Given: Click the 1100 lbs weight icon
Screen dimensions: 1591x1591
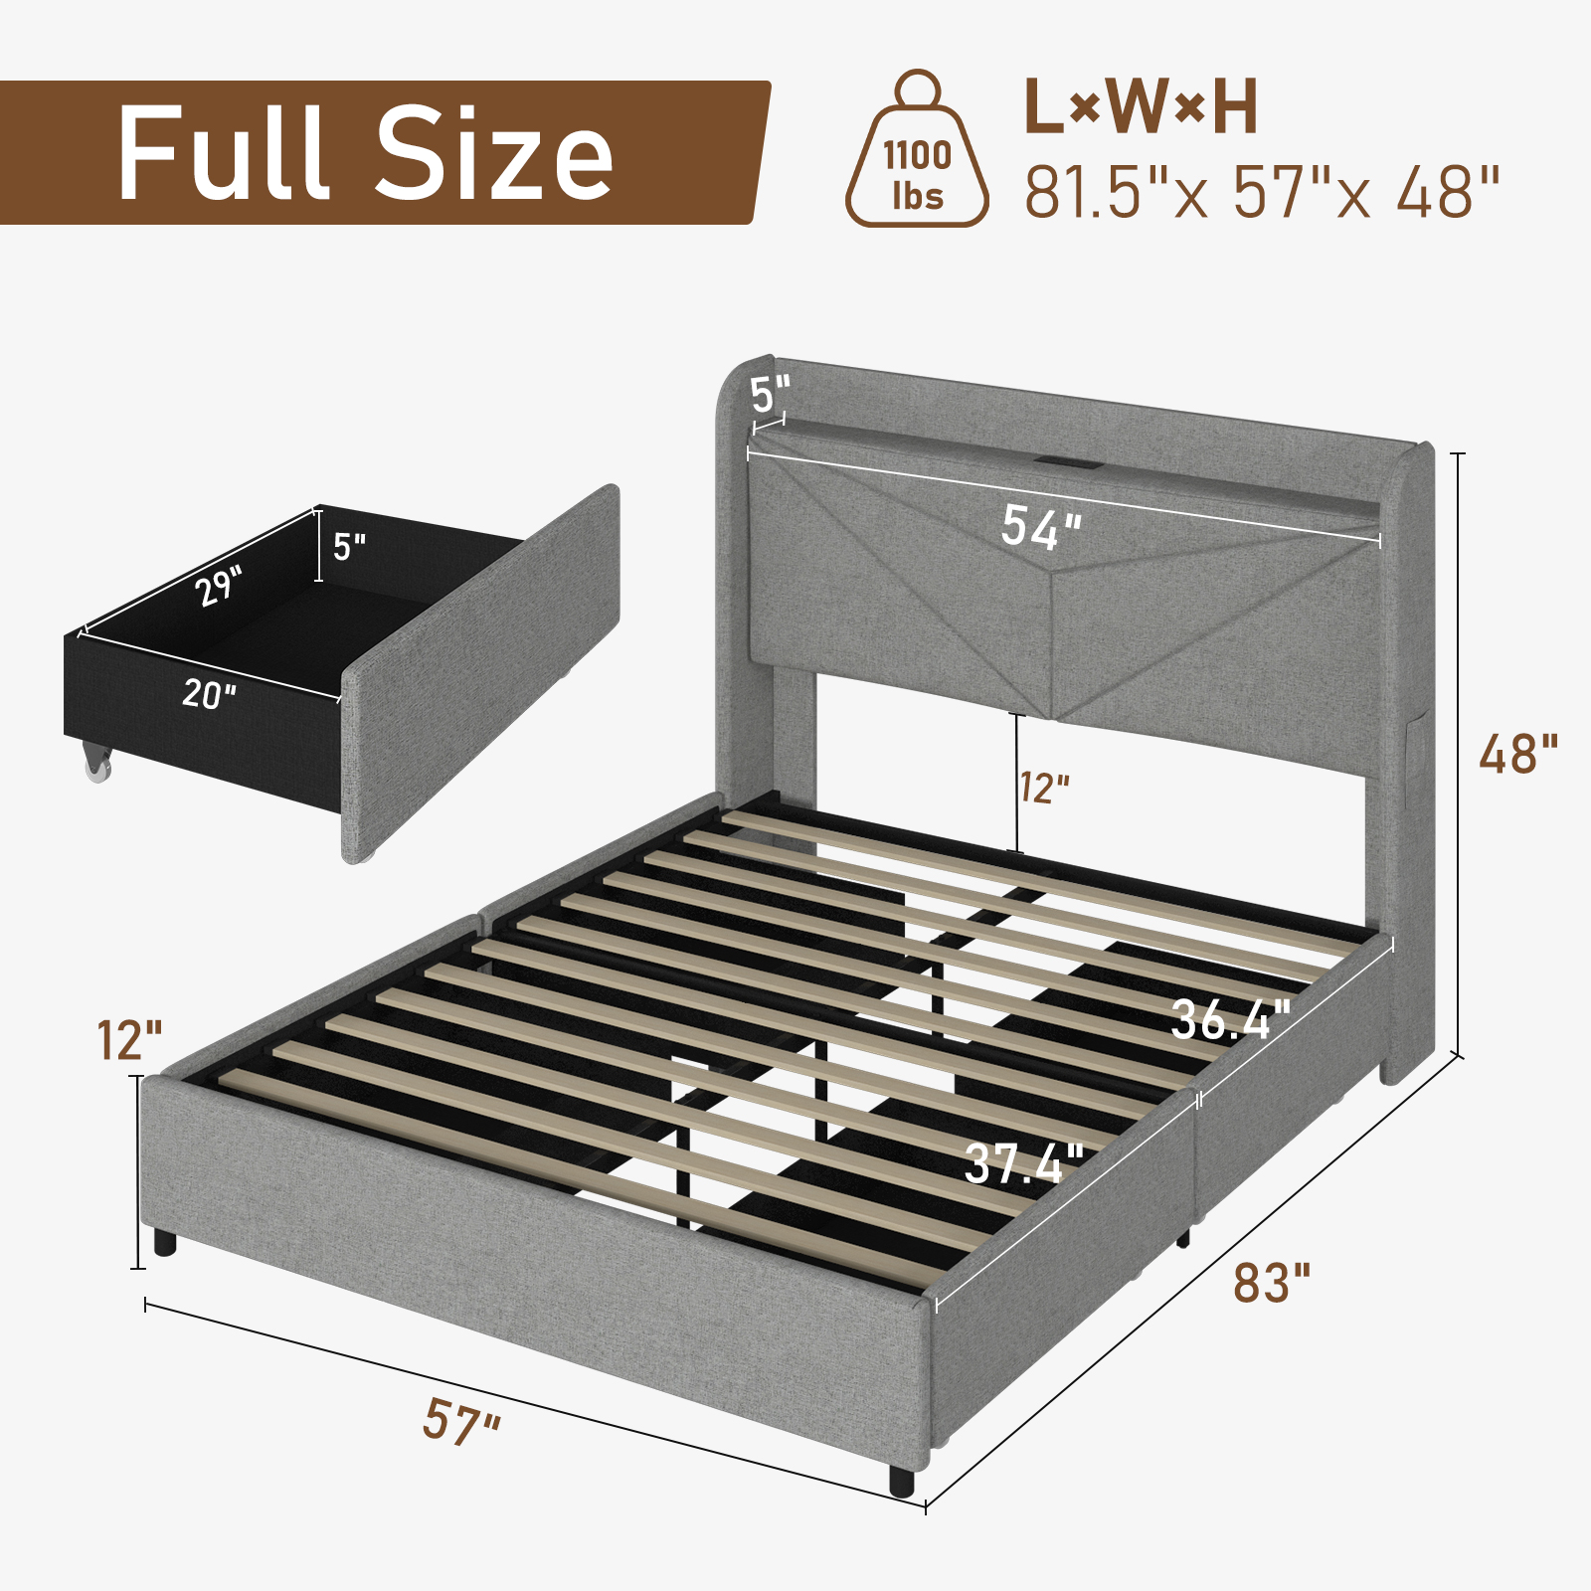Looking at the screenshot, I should pos(917,151).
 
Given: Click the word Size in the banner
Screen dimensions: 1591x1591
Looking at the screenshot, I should pos(494,154).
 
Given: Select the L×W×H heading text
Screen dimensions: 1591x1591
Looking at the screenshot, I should pos(1141,107).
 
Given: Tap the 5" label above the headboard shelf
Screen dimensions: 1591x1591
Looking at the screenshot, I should pos(770,394).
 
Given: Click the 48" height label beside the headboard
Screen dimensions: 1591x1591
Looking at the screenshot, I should pos(1517,754).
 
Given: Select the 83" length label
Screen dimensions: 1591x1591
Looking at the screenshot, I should pos(1272,1283).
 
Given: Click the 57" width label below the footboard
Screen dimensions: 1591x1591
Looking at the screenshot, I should pos(460,1421).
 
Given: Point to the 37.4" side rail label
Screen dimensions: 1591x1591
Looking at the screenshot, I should pos(1023,1162).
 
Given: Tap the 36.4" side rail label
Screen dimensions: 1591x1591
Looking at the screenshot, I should pos(1230,1018).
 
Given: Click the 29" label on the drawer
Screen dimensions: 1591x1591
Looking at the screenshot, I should pos(218,586).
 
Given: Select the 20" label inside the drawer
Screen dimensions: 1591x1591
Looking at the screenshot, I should pos(209,693).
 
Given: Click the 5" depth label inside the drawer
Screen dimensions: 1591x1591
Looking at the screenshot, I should pos(349,547).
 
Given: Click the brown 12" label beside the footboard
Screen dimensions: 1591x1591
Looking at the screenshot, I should pos(129,1040).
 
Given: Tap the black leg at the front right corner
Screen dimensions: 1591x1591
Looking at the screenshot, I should pos(901,1479).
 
